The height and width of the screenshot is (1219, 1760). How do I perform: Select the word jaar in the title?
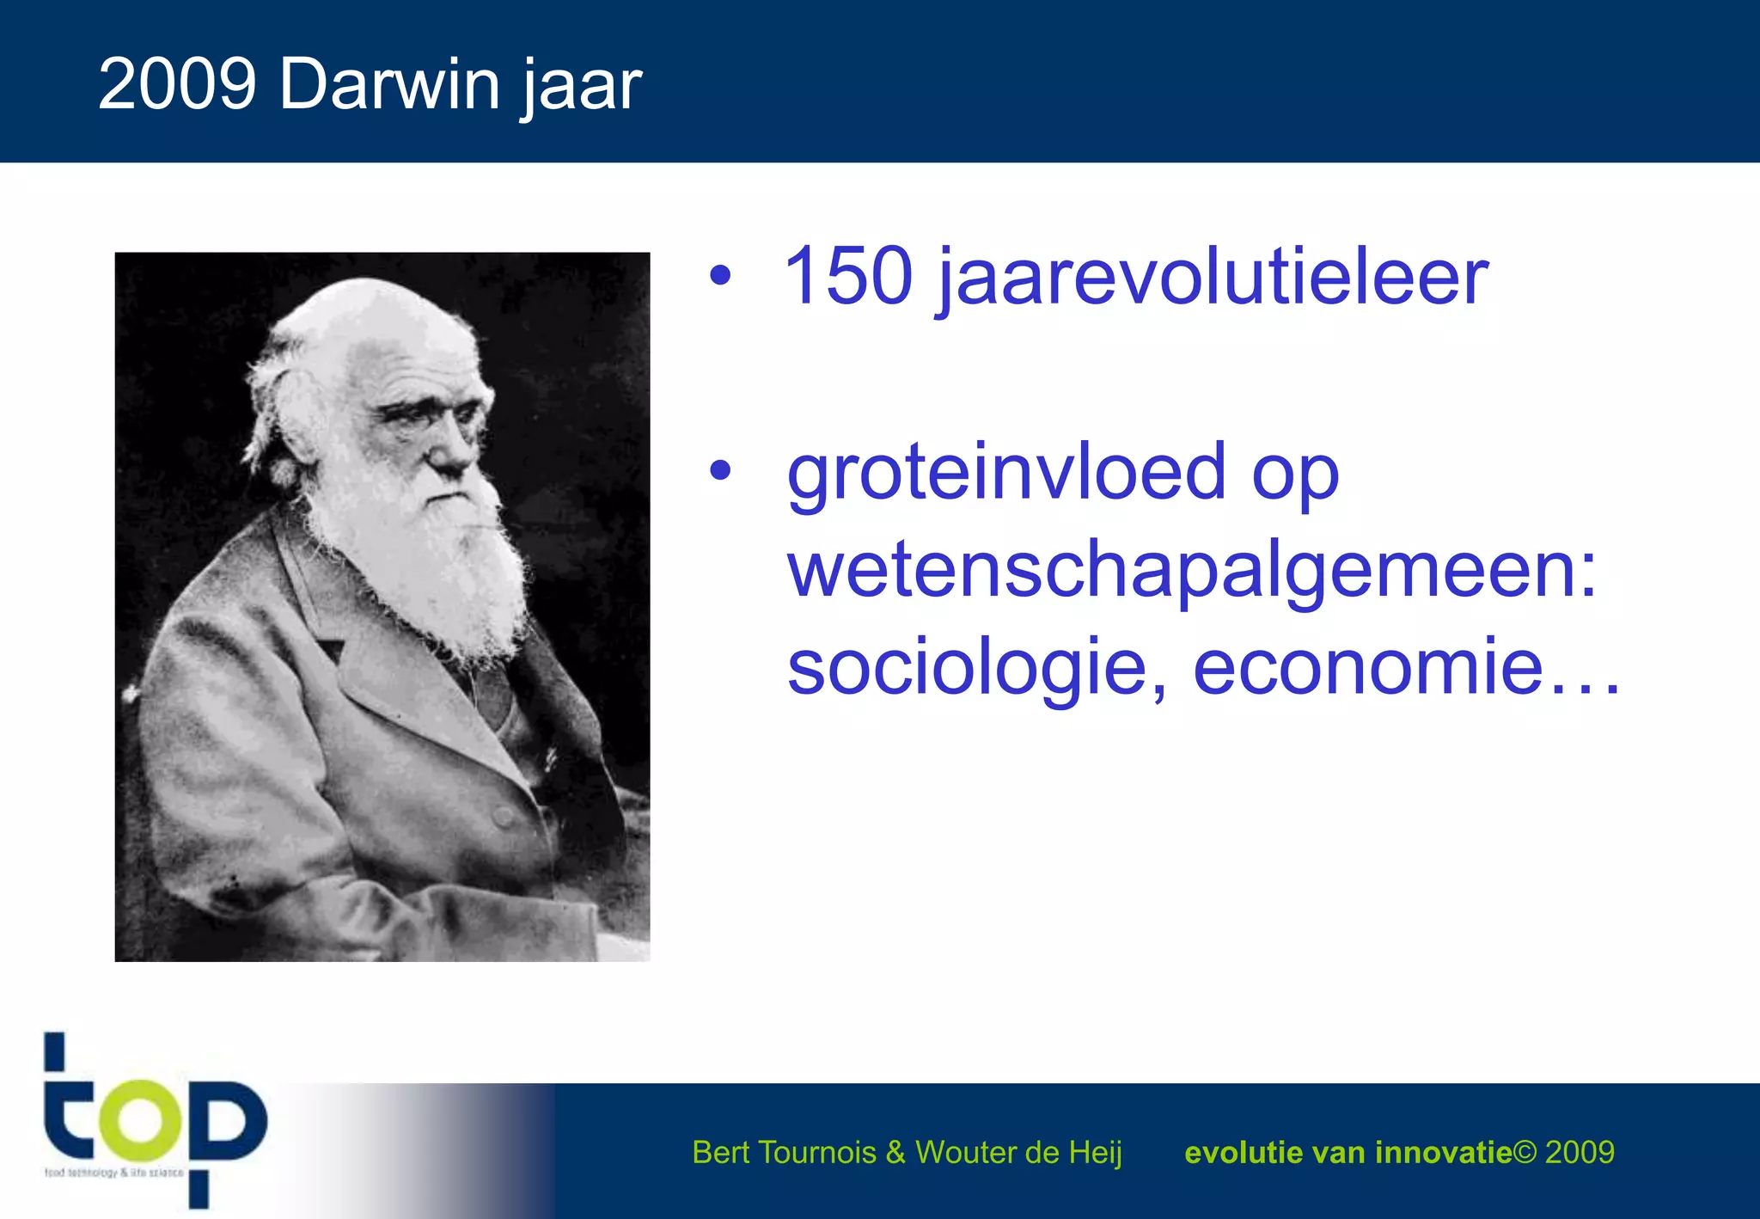(x=582, y=86)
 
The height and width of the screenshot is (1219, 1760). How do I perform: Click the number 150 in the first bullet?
(x=847, y=276)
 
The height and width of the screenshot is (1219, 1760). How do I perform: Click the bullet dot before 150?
(x=720, y=276)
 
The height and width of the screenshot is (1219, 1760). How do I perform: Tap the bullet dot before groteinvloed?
(x=720, y=470)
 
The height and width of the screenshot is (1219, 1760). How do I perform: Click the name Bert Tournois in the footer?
(x=784, y=1152)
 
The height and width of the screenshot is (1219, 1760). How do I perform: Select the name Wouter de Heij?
(x=1018, y=1152)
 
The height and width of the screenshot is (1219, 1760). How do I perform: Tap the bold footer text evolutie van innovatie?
(x=1347, y=1152)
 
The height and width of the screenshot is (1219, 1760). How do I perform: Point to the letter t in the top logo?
(x=65, y=1109)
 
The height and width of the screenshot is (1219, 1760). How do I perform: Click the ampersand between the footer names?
(x=895, y=1152)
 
